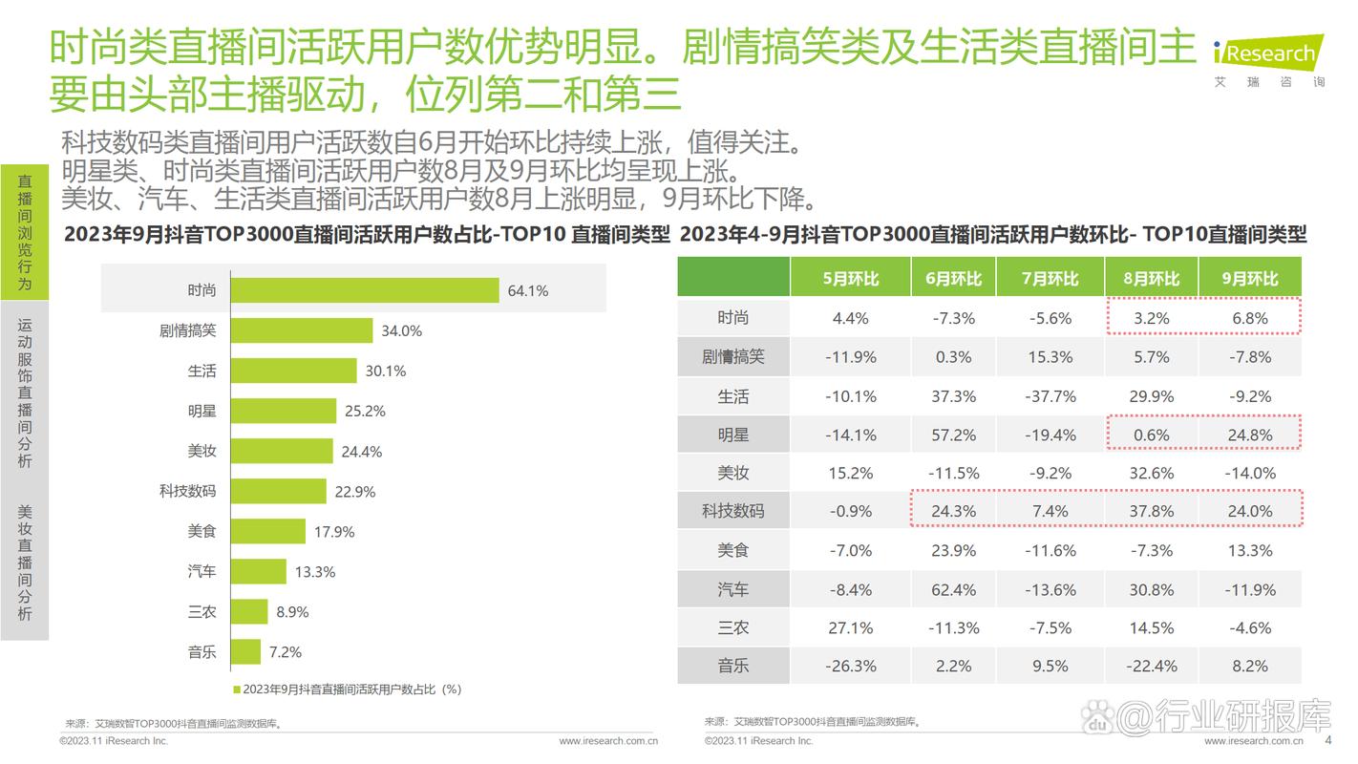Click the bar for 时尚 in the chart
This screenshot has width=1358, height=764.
364,290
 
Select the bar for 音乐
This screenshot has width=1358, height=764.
245,652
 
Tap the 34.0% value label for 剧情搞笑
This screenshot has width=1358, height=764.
401,331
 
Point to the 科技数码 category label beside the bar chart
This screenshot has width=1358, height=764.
187,491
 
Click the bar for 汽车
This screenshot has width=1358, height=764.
258,572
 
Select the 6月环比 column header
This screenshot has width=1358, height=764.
953,279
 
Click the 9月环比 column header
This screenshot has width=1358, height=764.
1249,279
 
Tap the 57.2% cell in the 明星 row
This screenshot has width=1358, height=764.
953,435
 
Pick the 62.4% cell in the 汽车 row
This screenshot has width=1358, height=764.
953,590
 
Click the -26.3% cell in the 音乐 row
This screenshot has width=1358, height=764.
850,667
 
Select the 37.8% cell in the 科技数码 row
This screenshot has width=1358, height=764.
1151,512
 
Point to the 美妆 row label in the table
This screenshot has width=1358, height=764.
733,474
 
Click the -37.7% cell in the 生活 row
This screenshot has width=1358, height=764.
1050,396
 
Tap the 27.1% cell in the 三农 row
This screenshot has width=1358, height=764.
850,628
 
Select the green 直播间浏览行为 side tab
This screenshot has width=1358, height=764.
25,232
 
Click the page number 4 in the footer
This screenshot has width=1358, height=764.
1327,740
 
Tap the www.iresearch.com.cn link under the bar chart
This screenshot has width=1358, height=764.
607,741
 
